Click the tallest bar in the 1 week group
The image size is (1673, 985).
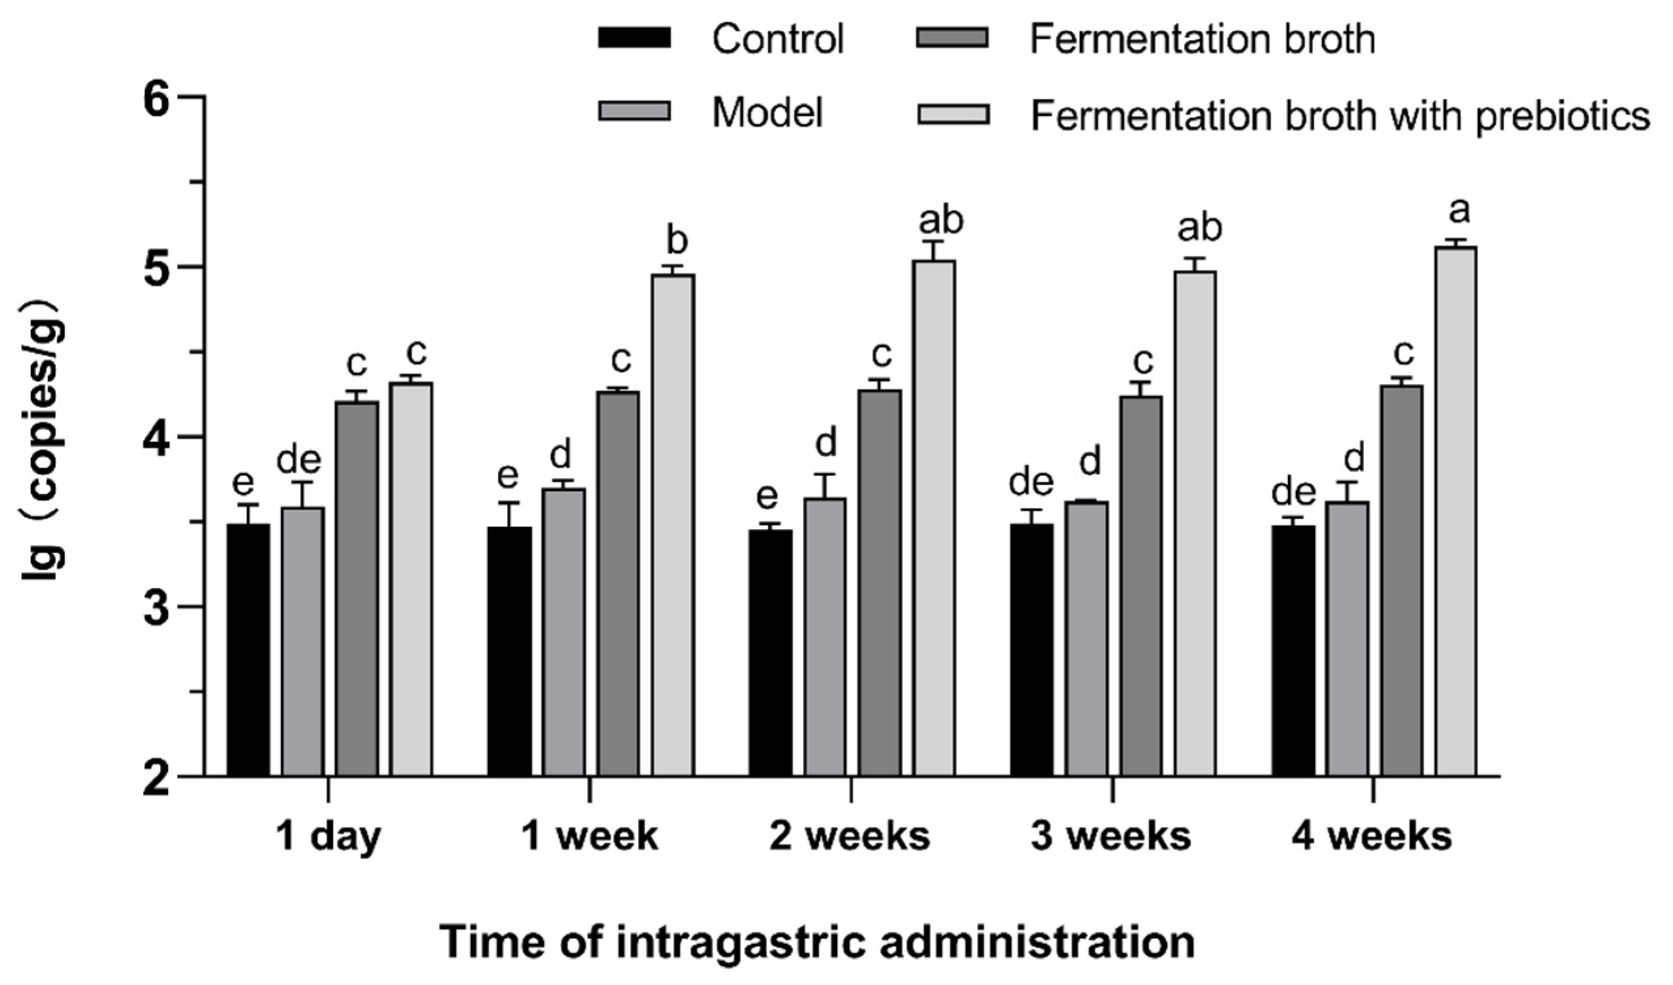point(673,525)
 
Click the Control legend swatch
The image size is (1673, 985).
point(634,38)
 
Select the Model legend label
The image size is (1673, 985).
point(767,113)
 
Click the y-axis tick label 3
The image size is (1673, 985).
point(159,606)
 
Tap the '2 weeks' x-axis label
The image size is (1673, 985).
point(850,837)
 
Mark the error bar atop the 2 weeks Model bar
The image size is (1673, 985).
point(826,485)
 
